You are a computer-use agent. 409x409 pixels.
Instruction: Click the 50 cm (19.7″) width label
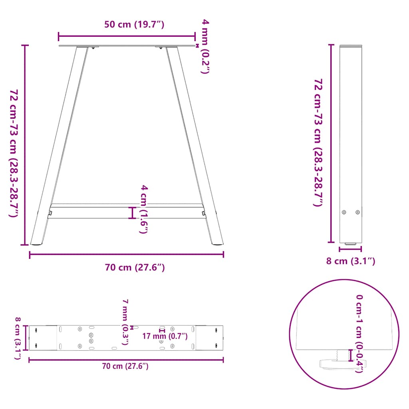(x=134, y=24)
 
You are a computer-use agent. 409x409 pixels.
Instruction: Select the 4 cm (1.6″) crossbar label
(x=145, y=209)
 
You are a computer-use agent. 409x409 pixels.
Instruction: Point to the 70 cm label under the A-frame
(x=135, y=268)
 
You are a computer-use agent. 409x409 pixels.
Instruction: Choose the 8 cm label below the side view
(x=350, y=261)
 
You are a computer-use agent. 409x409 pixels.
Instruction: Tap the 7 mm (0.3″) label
(x=125, y=322)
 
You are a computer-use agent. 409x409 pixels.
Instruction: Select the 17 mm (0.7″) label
(x=165, y=336)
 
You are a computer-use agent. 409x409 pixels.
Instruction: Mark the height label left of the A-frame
(x=14, y=153)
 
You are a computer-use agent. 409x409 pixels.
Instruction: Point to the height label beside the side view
(x=318, y=143)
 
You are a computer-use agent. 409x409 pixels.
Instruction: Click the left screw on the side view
(x=344, y=212)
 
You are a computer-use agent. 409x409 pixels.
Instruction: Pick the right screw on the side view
(x=357, y=212)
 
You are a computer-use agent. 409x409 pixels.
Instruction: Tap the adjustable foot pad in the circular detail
(x=340, y=363)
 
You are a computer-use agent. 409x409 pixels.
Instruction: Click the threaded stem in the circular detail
(x=341, y=354)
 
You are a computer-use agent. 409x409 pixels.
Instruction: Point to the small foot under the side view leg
(x=351, y=244)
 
